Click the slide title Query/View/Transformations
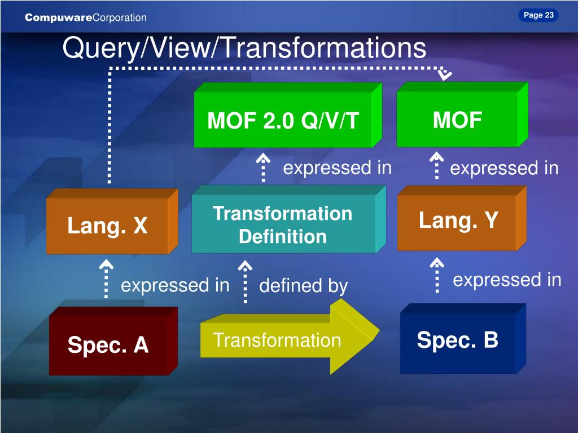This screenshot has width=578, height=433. [244, 48]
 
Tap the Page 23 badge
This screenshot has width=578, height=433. [538, 15]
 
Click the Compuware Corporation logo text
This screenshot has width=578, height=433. [86, 18]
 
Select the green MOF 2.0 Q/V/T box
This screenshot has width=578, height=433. [283, 120]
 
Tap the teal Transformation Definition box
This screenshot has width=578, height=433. [283, 224]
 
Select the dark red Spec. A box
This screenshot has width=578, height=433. [108, 344]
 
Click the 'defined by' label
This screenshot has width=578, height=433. [303, 286]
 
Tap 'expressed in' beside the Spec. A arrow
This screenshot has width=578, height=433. [175, 285]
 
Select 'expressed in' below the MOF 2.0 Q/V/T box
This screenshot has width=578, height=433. [337, 168]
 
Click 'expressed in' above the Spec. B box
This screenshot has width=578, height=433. [507, 280]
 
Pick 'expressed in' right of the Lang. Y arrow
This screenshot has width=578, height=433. [504, 168]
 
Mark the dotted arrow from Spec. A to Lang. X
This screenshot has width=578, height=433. [106, 279]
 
